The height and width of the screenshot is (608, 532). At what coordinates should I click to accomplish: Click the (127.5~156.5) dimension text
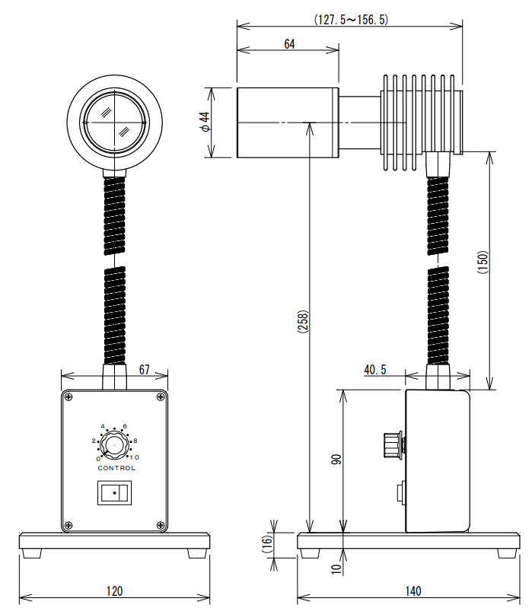point(351,19)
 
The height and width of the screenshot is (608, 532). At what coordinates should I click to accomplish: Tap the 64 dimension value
point(289,44)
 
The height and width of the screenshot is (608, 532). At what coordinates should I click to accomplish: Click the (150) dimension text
point(483,263)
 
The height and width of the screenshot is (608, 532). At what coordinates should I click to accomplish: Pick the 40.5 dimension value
point(375,370)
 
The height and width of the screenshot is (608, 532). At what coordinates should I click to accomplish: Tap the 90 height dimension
point(336,460)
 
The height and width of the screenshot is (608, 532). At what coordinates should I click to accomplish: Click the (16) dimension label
point(267,544)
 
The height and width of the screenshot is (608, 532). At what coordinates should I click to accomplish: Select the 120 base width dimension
point(114,591)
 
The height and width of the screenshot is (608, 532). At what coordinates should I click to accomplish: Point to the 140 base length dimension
point(413,591)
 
